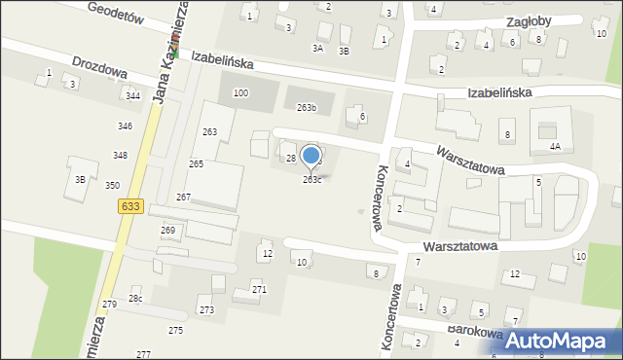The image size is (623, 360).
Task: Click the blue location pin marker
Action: [x=311, y=156]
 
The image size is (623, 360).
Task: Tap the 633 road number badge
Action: [x=129, y=206]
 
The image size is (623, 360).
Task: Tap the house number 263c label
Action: [x=312, y=180]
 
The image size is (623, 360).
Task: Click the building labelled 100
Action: [x=240, y=92]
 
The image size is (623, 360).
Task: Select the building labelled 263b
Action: [x=308, y=107]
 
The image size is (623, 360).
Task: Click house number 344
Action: [x=132, y=95]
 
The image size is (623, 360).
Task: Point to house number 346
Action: [x=125, y=126]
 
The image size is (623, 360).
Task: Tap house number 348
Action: [x=120, y=156]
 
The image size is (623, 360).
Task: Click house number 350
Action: [x=113, y=185]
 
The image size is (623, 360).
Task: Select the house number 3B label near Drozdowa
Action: [x=81, y=179]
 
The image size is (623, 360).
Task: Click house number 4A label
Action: [x=555, y=146]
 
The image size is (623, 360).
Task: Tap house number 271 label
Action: [x=259, y=290]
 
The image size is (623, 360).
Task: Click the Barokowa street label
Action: [x=475, y=331]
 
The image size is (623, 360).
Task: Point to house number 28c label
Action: [x=135, y=298]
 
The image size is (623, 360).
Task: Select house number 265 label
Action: [x=197, y=164]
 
